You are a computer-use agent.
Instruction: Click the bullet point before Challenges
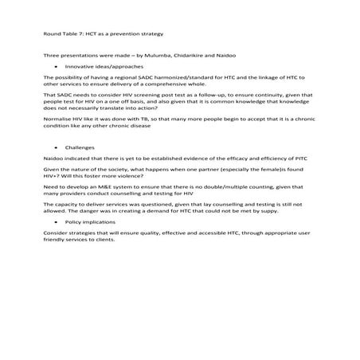[56, 148]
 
